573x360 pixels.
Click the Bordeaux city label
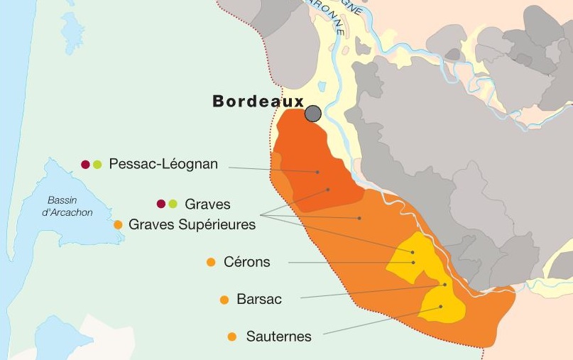coord(258,102)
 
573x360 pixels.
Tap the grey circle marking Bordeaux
coord(313,114)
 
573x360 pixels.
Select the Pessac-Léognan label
coord(163,164)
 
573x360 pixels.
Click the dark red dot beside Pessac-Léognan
coord(86,165)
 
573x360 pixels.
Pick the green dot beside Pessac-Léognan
coord(98,165)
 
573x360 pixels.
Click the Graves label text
coord(207,204)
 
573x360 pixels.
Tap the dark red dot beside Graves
coord(161,204)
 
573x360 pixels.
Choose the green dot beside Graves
coord(173,204)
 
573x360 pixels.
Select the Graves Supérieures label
coord(192,224)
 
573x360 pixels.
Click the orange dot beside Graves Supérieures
coord(119,224)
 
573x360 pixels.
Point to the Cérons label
coord(246,262)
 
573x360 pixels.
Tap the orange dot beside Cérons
coord(211,263)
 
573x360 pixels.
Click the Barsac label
coord(259,300)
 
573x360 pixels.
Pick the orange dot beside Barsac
coord(224,300)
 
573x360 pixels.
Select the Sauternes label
coord(278,337)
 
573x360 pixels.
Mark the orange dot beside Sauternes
coord(232,337)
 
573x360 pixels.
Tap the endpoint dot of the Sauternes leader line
coord(441,307)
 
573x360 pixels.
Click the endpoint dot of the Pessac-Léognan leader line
coord(317,172)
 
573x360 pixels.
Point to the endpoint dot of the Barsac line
coord(445,285)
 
